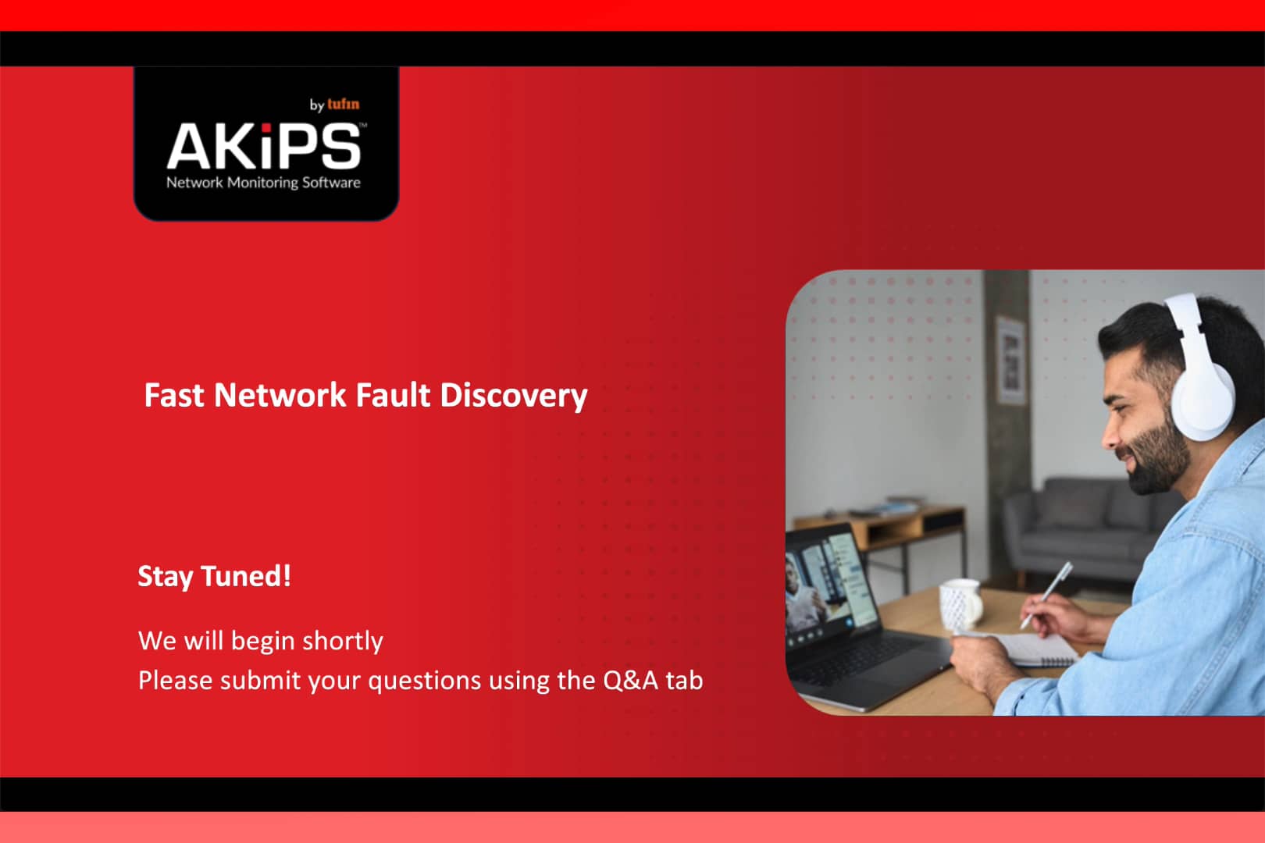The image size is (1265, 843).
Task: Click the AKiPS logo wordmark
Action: click(x=264, y=146)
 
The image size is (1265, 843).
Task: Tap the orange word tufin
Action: click(x=344, y=104)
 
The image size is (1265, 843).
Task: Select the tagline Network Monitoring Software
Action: click(x=263, y=183)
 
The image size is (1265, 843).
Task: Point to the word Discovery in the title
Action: click(x=513, y=396)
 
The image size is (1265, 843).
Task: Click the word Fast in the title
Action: click(x=174, y=395)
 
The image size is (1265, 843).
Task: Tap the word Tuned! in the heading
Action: click(x=246, y=576)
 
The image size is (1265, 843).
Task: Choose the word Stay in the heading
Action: click(x=165, y=577)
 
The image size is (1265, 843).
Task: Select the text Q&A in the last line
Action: click(x=631, y=681)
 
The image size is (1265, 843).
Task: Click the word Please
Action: click(x=175, y=681)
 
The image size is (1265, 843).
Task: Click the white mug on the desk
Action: click(x=960, y=603)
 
